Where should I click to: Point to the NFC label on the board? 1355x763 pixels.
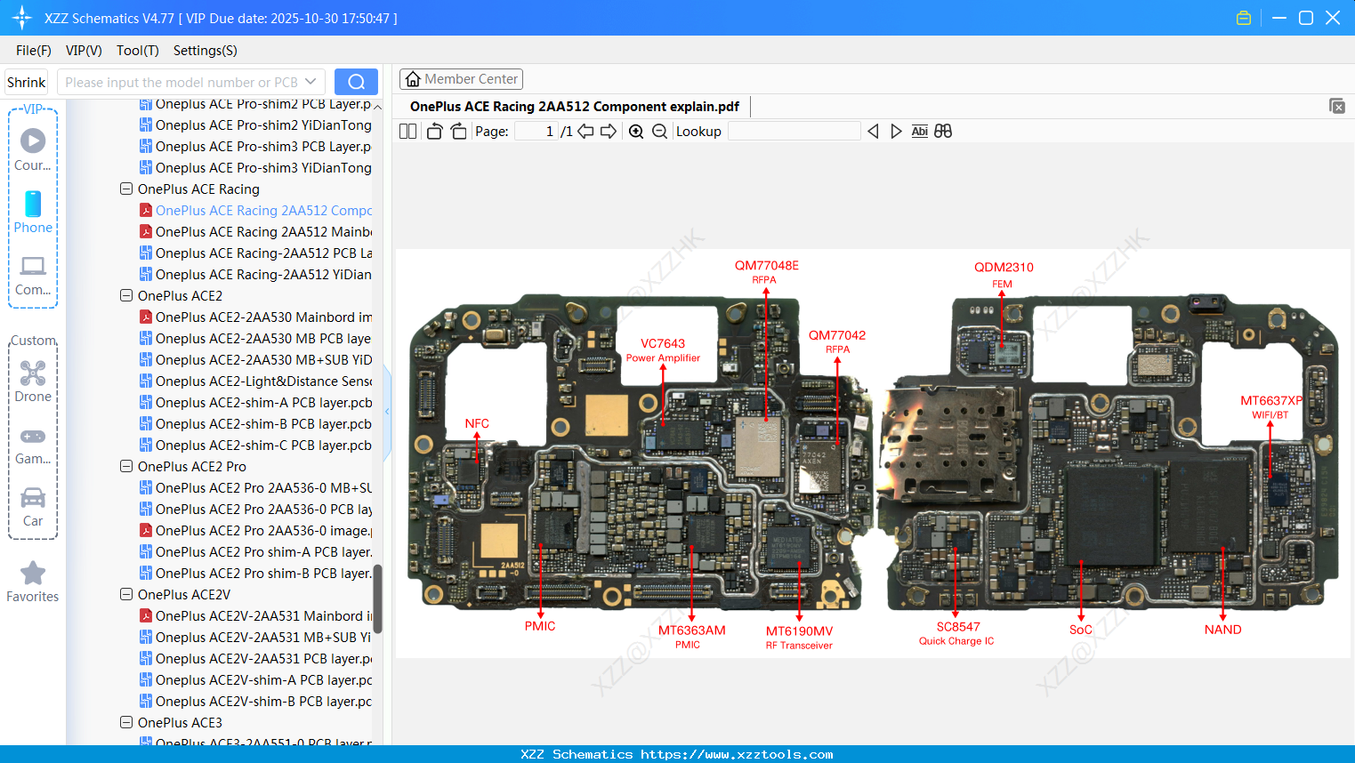click(x=477, y=424)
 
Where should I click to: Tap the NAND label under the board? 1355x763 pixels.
click(x=1222, y=630)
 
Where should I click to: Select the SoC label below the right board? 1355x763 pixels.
click(x=1080, y=630)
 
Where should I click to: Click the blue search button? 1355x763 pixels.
click(x=356, y=82)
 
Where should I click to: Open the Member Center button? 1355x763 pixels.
click(x=461, y=79)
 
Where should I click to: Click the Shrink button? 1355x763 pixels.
click(x=26, y=82)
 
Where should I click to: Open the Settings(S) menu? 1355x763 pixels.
click(x=205, y=51)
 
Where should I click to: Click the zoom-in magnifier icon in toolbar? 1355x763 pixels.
click(x=636, y=132)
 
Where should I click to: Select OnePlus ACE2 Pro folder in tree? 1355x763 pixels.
click(x=191, y=467)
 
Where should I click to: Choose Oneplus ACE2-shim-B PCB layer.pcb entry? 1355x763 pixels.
click(x=262, y=424)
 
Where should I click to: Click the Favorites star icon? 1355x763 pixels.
click(x=33, y=574)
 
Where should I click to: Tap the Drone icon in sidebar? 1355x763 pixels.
click(x=33, y=374)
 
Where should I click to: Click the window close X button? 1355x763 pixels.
click(x=1333, y=18)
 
